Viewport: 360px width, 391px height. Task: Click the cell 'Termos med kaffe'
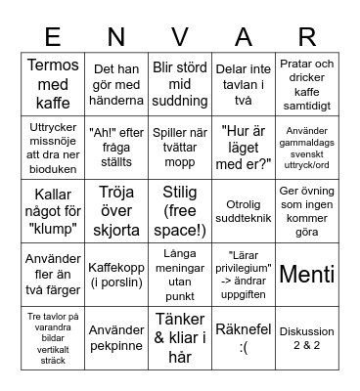[x=52, y=83]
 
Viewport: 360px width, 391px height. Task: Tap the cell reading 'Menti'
[x=307, y=275]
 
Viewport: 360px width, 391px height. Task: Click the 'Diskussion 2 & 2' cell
[x=307, y=338]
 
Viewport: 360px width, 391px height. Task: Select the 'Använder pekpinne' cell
[x=115, y=338]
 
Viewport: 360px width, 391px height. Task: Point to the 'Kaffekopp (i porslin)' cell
[x=115, y=275]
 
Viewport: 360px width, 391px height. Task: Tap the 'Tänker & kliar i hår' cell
[x=179, y=338]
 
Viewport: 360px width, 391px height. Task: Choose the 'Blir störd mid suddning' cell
[x=179, y=83]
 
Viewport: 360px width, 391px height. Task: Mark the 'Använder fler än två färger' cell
[x=52, y=275]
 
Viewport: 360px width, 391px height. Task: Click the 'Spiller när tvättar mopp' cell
[x=179, y=147]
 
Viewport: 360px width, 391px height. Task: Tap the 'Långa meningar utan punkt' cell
[x=179, y=275]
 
